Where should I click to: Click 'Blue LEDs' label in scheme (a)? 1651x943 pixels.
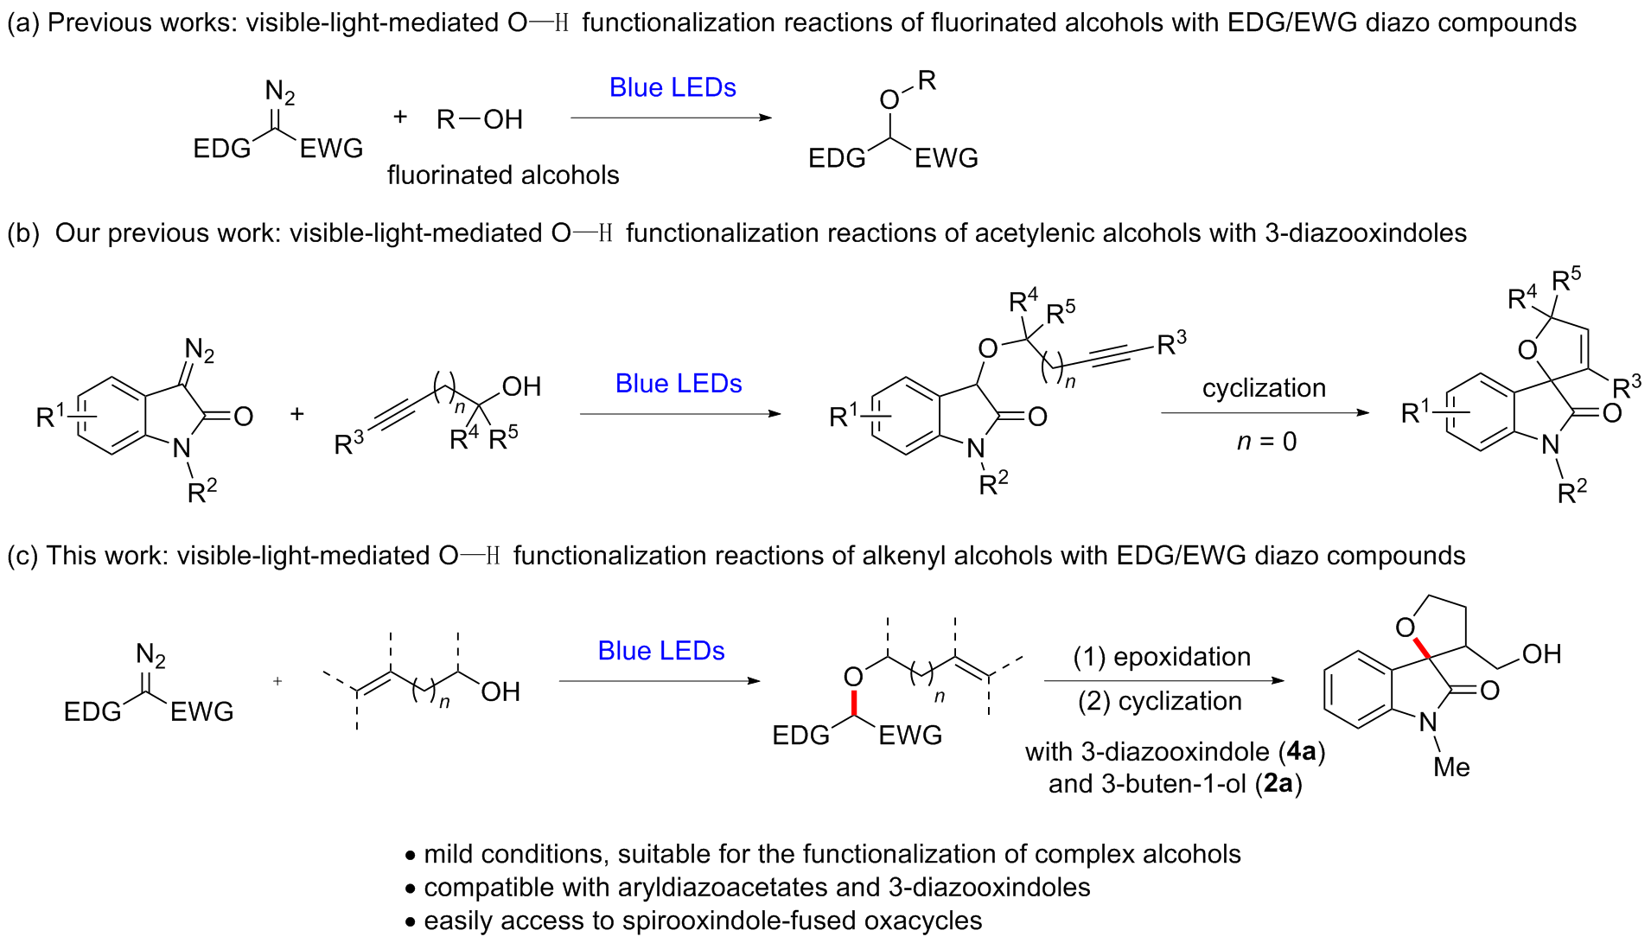673,88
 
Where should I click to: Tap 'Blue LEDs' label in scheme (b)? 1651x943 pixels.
679,384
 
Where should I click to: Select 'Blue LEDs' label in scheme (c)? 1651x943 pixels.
661,651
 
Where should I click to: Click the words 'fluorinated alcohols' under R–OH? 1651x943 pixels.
503,175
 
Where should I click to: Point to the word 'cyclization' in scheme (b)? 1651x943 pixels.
1264,388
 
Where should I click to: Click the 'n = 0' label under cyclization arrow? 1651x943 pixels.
1266,442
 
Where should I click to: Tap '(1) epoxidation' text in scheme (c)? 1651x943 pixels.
1162,657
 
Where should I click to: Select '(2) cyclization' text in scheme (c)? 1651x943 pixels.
1159,701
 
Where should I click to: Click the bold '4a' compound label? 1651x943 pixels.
1301,752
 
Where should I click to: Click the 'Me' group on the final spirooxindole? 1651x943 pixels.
1450,768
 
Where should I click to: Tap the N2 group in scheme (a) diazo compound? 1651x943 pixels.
279,92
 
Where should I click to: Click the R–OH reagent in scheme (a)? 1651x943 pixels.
480,119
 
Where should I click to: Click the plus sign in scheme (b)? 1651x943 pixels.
297,414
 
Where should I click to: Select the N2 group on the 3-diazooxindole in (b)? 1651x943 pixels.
200,350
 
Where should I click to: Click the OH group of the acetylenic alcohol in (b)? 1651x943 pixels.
520,386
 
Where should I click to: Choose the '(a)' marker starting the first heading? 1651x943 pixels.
23,22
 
